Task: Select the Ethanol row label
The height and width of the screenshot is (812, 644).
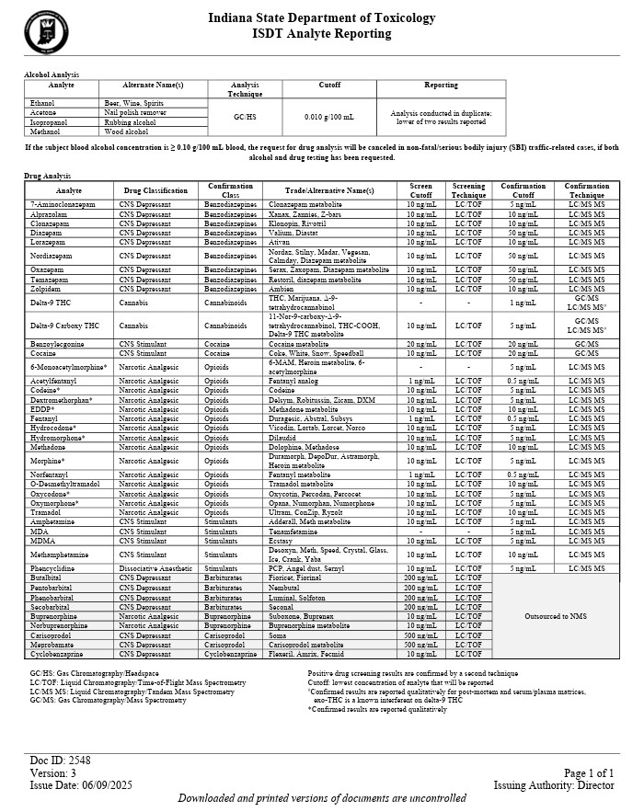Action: tap(42, 103)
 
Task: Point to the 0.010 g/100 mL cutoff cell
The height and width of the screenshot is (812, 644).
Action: tap(329, 117)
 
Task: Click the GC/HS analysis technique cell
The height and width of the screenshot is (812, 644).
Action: tap(246, 117)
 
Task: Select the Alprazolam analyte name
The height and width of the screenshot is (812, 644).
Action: tap(49, 213)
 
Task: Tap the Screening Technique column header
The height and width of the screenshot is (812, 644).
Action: tap(468, 190)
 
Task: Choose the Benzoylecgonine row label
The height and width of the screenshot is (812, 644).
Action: tap(57, 344)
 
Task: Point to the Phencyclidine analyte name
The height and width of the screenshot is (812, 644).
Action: tap(56, 569)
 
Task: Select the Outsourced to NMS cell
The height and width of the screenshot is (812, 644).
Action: tap(555, 616)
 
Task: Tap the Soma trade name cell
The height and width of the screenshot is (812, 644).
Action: tap(277, 635)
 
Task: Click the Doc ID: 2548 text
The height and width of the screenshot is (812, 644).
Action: tap(60, 761)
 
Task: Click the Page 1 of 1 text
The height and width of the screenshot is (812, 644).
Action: tap(588, 773)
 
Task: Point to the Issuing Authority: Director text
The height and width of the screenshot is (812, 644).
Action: tap(554, 785)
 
